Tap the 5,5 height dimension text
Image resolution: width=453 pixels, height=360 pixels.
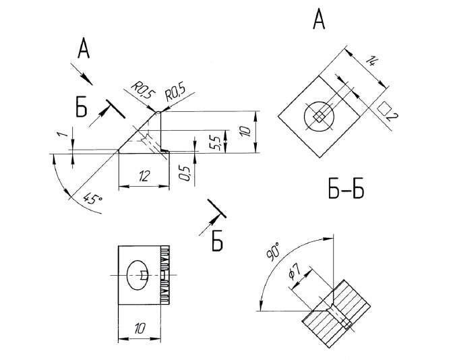[214, 142]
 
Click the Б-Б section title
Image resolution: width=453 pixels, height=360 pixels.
[346, 191]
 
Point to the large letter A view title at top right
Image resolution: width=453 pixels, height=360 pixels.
[320, 20]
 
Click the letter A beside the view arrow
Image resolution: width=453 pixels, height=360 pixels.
[83, 49]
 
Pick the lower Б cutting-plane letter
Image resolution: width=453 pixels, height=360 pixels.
[217, 240]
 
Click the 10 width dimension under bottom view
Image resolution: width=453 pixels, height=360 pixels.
[140, 328]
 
